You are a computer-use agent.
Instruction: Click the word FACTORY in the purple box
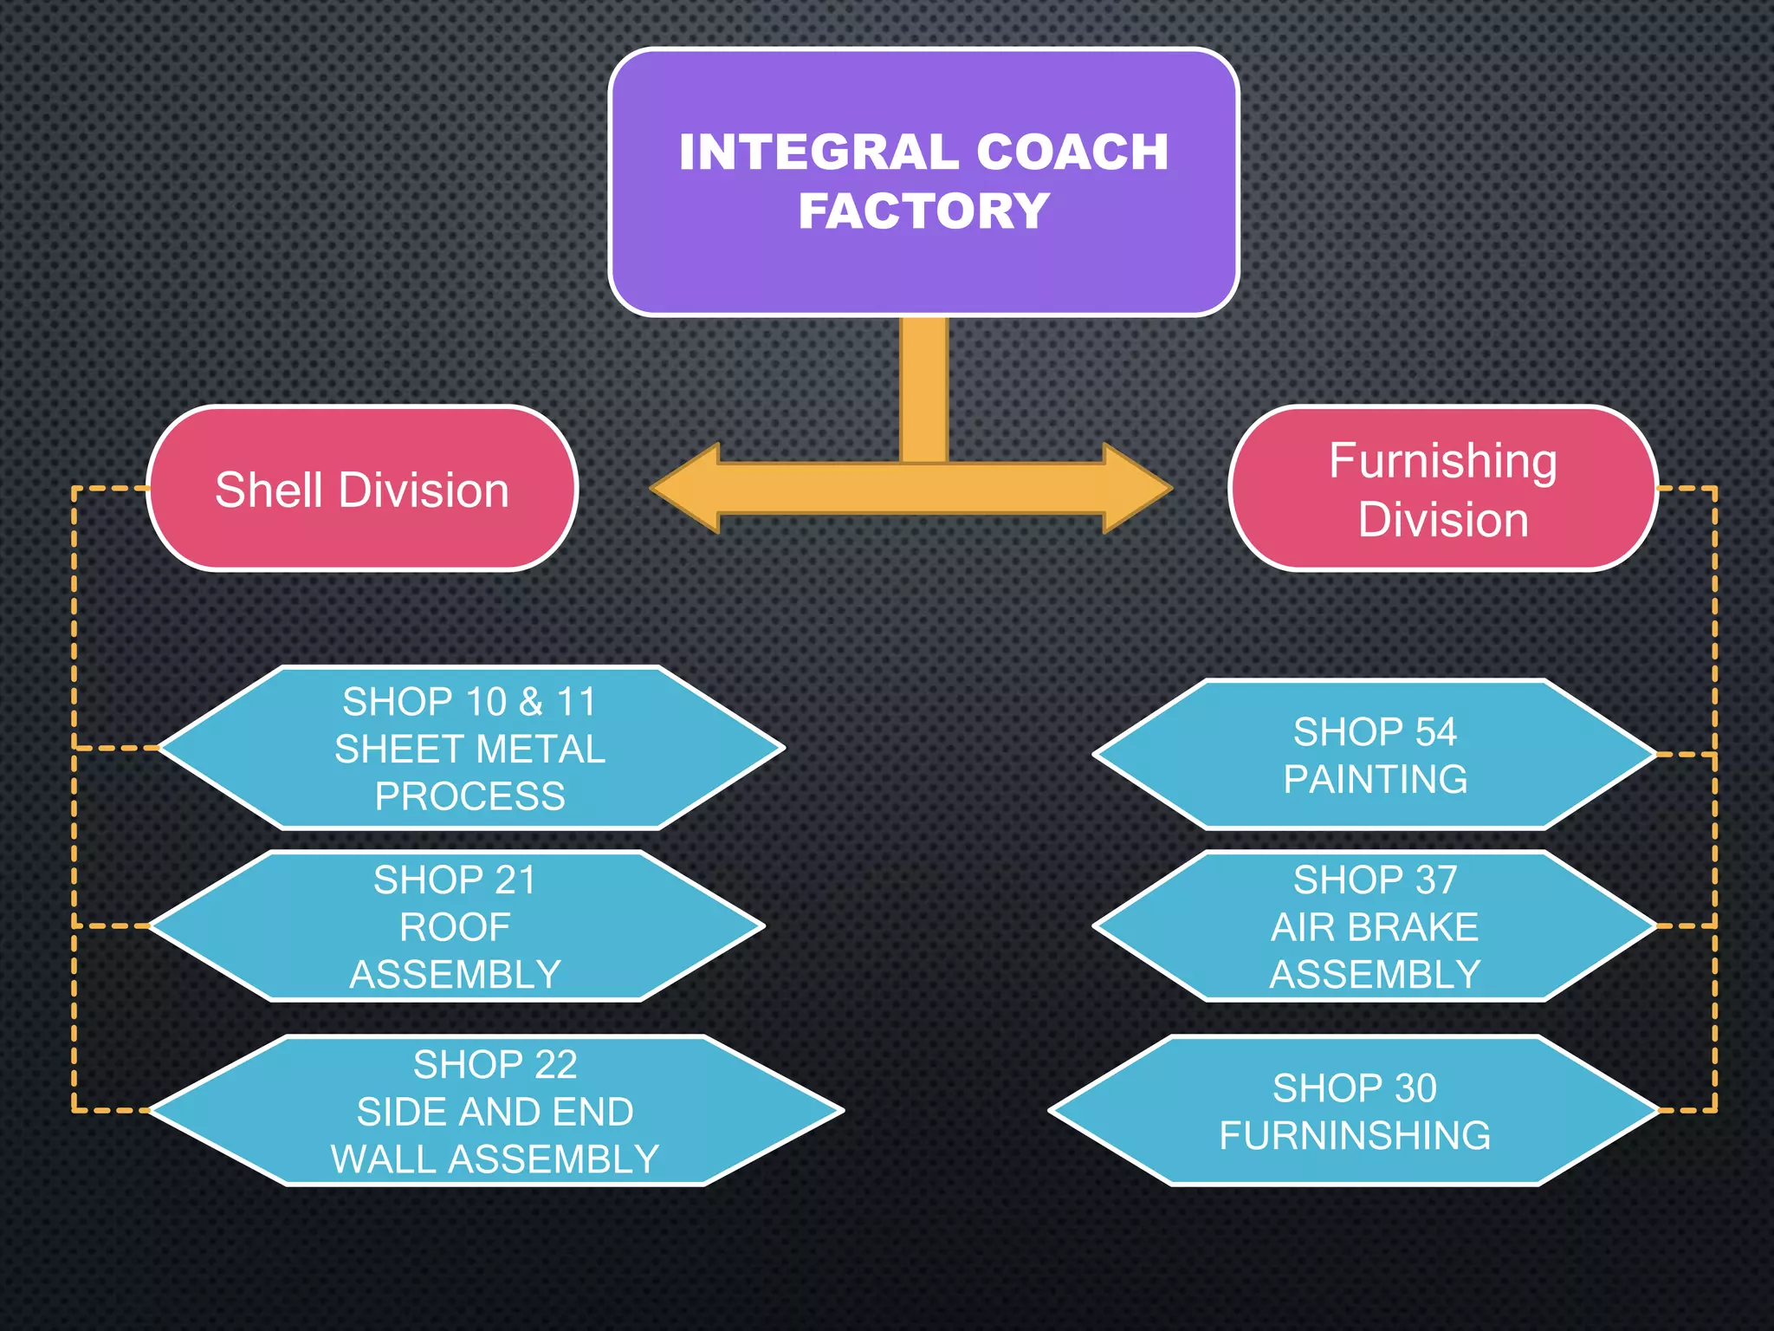[x=923, y=211]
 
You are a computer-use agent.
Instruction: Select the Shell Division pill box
[x=362, y=489]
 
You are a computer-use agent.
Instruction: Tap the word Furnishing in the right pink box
[x=1443, y=461]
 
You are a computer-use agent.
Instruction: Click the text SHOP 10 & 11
[x=469, y=702]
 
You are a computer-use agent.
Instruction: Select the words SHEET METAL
[x=469, y=750]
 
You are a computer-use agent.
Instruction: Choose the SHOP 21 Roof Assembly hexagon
[x=456, y=926]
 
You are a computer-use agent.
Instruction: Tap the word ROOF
[x=455, y=927]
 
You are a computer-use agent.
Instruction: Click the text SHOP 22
[x=495, y=1065]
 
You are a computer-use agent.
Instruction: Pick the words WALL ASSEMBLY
[x=495, y=1159]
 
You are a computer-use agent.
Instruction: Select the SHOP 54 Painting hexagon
[x=1375, y=755]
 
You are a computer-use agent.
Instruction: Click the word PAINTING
[x=1375, y=779]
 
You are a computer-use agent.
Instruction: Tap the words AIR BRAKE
[x=1375, y=927]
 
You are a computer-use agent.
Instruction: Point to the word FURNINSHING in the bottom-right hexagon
[x=1355, y=1135]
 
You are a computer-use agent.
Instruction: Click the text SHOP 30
[x=1355, y=1088]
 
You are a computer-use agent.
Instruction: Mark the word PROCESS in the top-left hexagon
[x=469, y=796]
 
